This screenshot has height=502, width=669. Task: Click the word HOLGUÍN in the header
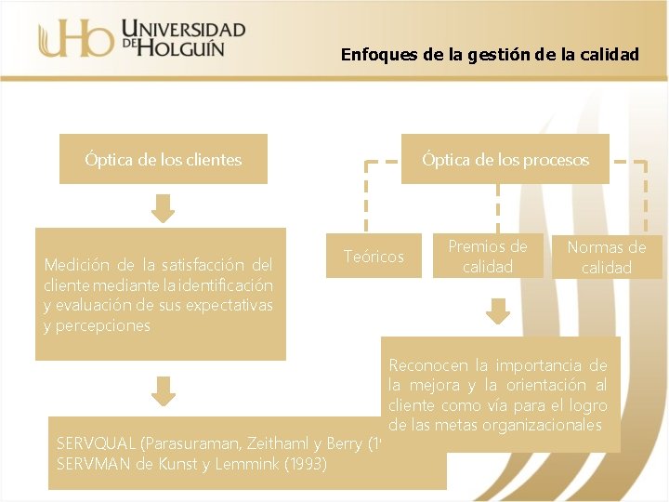(x=182, y=47)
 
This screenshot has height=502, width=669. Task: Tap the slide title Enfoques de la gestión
(x=490, y=54)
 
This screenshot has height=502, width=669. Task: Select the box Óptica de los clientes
(x=163, y=160)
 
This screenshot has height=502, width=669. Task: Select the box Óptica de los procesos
(x=505, y=160)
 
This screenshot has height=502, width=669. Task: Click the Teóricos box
(x=374, y=257)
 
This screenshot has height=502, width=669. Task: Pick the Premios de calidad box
(x=487, y=257)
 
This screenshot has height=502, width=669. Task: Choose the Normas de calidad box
(x=607, y=258)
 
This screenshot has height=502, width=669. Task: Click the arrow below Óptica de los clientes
(x=163, y=208)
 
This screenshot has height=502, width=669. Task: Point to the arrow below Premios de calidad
(x=499, y=311)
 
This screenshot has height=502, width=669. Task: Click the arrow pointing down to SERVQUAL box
(x=163, y=390)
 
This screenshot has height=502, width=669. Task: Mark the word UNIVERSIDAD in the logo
(x=183, y=28)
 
